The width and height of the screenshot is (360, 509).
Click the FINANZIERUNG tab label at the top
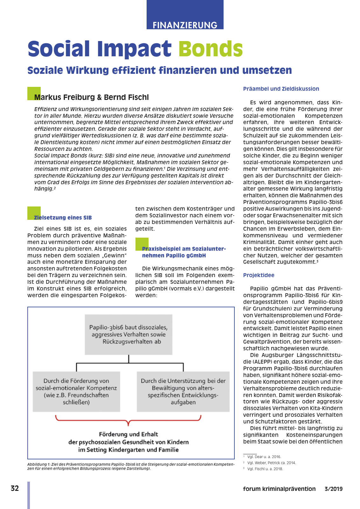(x=185, y=25)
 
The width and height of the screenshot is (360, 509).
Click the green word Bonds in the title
(x=211, y=49)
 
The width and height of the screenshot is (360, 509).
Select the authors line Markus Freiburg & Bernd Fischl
(x=91, y=97)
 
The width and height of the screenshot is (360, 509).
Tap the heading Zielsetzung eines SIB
(x=63, y=218)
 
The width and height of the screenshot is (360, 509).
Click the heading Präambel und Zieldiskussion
(x=281, y=89)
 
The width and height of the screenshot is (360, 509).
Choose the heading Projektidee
(x=259, y=275)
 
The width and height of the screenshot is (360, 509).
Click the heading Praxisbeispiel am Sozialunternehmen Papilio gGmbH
(x=184, y=252)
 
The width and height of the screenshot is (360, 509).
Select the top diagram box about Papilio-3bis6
(x=128, y=334)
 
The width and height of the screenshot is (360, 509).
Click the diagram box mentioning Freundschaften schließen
(x=76, y=392)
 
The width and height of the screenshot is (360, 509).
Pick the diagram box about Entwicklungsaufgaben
(x=183, y=392)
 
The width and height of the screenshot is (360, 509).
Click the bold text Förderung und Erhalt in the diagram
(x=128, y=434)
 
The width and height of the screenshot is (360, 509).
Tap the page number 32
(x=15, y=488)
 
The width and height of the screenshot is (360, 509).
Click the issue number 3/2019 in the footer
(x=333, y=489)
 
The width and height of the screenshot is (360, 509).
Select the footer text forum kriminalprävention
(x=279, y=489)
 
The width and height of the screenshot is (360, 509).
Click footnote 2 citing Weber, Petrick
(x=271, y=463)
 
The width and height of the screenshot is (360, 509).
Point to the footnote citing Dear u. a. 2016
(x=264, y=457)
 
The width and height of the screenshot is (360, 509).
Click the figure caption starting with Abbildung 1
(x=131, y=466)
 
